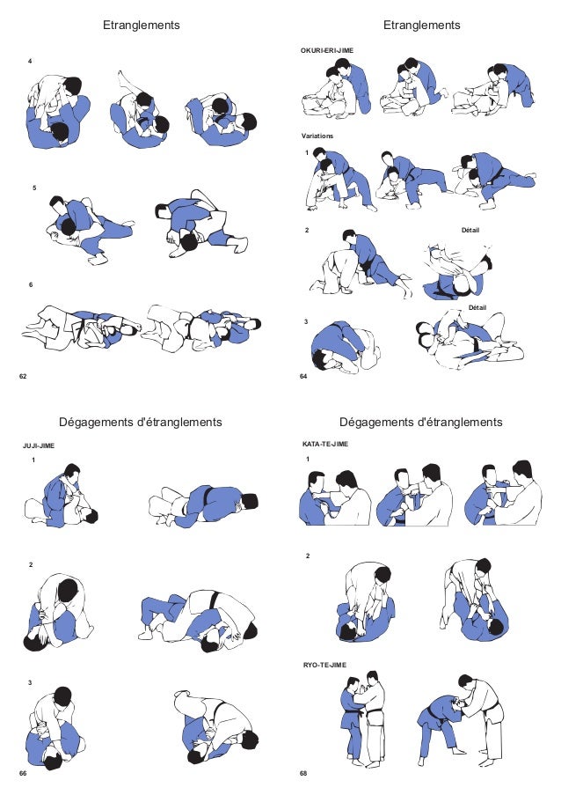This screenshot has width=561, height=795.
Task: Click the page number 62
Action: click(x=24, y=376)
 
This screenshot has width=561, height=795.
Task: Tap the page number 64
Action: click(x=302, y=376)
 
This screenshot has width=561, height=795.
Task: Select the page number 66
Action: click(x=24, y=772)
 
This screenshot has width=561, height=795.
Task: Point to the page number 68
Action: click(x=302, y=772)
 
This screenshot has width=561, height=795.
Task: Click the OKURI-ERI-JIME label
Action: click(x=326, y=52)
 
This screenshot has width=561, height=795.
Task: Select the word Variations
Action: click(x=318, y=136)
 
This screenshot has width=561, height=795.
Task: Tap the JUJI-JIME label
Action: click(x=39, y=446)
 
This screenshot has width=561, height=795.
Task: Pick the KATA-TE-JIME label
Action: click(x=324, y=445)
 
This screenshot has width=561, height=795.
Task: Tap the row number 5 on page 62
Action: click(x=33, y=188)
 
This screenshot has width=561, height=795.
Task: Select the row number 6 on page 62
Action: click(x=31, y=285)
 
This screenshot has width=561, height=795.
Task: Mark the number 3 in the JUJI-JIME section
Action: click(x=31, y=682)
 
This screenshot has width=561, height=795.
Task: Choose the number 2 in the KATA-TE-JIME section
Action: click(x=307, y=557)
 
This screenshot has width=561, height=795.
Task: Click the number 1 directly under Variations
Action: click(x=307, y=151)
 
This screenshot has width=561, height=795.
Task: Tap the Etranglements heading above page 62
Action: click(x=141, y=26)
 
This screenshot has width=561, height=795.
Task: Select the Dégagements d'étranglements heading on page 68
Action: click(x=420, y=423)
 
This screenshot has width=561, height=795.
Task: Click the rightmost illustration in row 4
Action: click(x=221, y=119)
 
